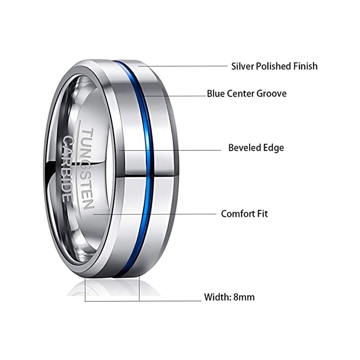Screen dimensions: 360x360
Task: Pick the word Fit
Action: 262,214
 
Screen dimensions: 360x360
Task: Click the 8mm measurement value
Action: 244,297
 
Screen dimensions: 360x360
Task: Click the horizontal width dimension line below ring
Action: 144,300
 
